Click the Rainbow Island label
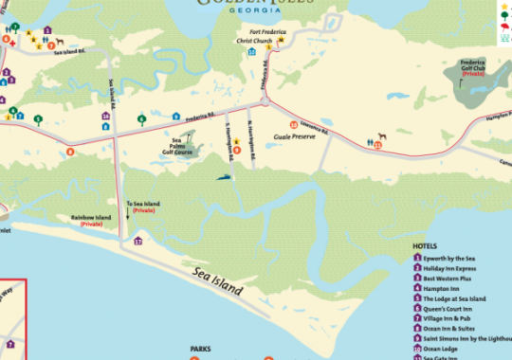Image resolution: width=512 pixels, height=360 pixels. (x=91, y=220)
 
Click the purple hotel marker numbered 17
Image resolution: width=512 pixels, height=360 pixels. (x=137, y=242)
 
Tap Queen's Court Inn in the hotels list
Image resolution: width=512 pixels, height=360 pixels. (x=449, y=309)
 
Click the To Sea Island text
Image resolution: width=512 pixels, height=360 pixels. (x=144, y=203)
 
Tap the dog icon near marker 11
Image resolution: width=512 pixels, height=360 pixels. (x=382, y=136)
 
